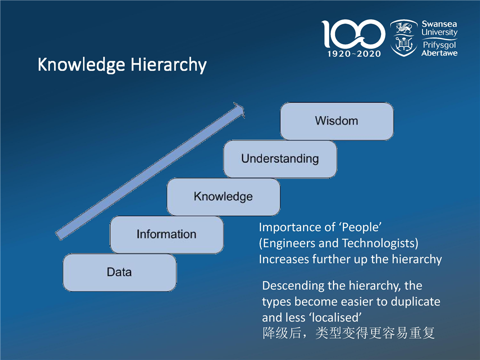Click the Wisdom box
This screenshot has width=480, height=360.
click(x=336, y=121)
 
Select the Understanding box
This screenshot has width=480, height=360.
click(x=280, y=159)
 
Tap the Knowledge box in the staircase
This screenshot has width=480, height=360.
click(x=223, y=197)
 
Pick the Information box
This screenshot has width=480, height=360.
click(x=166, y=234)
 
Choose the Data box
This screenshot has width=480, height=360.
click(x=119, y=272)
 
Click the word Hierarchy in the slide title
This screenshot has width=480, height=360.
click(x=168, y=65)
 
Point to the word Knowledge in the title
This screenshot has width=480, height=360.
click(x=81, y=64)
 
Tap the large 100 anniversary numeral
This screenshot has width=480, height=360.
click(x=353, y=33)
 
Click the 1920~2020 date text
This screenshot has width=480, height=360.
click(x=354, y=54)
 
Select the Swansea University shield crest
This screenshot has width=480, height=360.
click(x=404, y=37)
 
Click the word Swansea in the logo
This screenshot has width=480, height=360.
click(x=439, y=24)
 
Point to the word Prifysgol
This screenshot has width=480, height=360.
click(x=439, y=45)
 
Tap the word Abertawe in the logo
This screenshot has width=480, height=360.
click(x=439, y=53)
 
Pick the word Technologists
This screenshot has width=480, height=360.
click(x=378, y=243)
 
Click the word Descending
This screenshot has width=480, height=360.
click(x=293, y=286)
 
